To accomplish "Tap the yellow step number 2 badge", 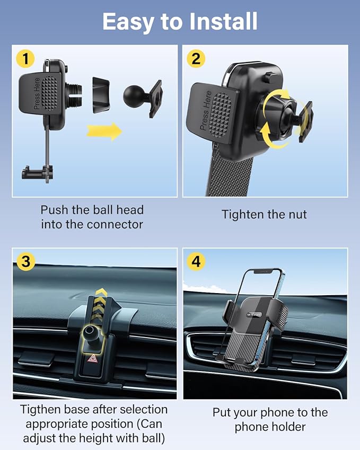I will (x=196, y=58).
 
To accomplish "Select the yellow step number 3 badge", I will (x=25, y=261).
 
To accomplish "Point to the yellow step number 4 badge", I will (x=197, y=261).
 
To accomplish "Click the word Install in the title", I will (x=218, y=21).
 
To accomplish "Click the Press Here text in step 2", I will (x=206, y=111).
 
